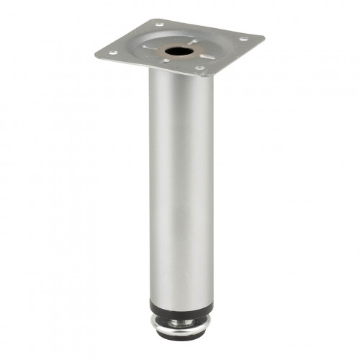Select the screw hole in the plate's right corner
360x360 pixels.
243,38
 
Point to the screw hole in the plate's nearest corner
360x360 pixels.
199,68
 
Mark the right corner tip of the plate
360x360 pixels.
264,37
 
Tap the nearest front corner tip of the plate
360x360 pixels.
204,76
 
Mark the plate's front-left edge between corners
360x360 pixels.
148,65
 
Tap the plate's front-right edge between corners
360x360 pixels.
235,57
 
